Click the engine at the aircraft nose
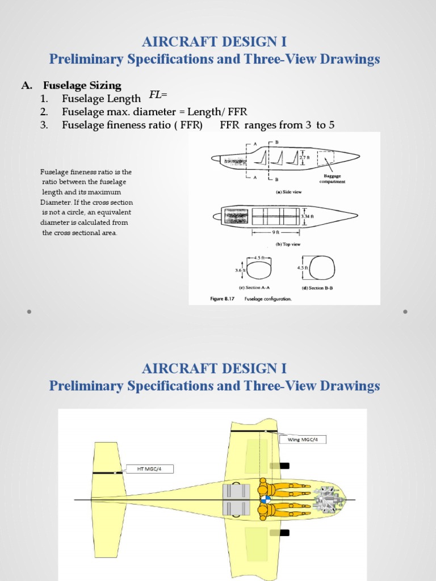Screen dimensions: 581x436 coord(325,499)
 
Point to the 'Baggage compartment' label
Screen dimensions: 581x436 coord(334,179)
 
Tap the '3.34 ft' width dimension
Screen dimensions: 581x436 coord(309,216)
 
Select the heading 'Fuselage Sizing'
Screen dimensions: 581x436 coord(82,86)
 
